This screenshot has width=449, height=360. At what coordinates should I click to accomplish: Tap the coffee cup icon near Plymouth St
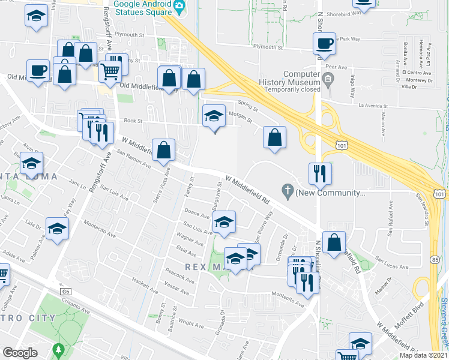pos(324,44)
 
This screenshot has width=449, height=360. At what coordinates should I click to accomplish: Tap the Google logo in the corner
pos(20,353)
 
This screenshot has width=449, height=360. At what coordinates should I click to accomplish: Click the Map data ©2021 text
pos(423,355)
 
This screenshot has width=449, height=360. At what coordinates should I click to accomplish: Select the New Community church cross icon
pos(288,193)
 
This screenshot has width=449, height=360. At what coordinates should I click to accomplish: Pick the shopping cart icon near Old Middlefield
pos(110,72)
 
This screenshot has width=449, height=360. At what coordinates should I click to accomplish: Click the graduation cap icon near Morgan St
pos(214,115)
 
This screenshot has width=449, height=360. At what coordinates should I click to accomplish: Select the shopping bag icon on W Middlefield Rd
pos(163,151)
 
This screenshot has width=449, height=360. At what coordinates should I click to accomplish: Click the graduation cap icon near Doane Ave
pos(224,223)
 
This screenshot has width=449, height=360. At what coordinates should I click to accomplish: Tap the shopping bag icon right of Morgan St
pos(274,137)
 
